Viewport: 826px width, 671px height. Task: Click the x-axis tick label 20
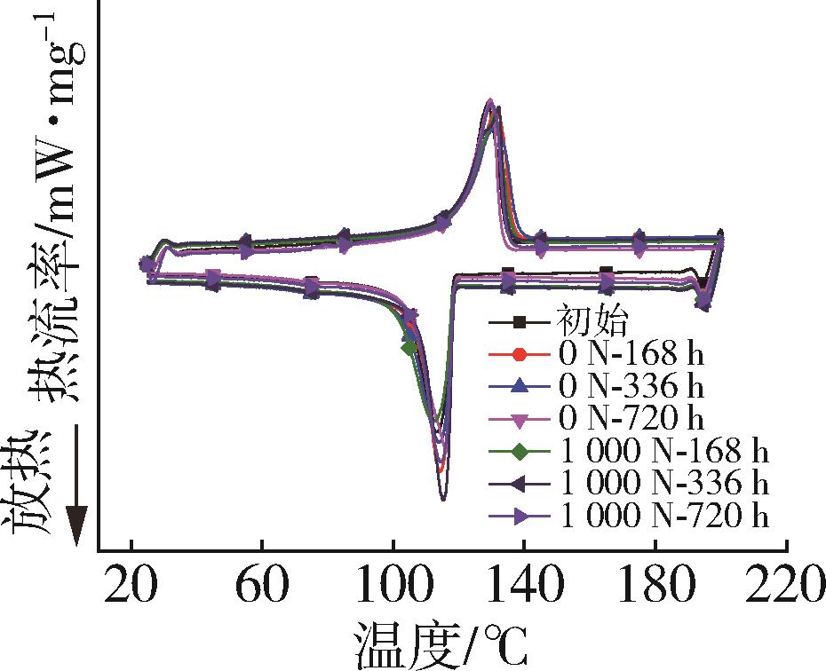point(131,588)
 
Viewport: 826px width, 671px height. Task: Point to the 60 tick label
point(262,588)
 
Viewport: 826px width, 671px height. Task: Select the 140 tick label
point(524,588)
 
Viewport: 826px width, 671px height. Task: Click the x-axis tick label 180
point(655,588)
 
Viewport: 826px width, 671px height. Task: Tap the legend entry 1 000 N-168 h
point(663,451)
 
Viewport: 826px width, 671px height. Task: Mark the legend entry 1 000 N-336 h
point(663,484)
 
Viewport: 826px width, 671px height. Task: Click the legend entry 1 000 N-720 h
point(663,516)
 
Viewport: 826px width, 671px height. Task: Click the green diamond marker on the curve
point(409,347)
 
